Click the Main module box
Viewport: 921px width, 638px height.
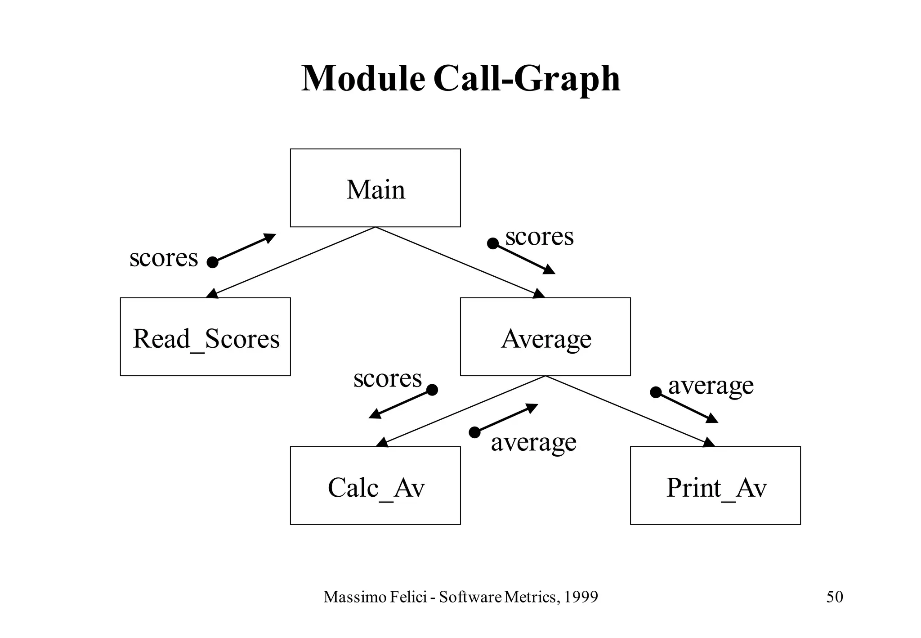[x=375, y=188]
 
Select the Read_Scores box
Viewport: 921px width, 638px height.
[x=205, y=337]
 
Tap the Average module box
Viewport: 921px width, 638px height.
[x=545, y=337]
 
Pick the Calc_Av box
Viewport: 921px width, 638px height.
[x=375, y=486]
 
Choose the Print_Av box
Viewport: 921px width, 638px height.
[x=715, y=486]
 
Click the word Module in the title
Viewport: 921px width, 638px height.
[x=363, y=79]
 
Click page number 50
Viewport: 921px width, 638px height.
[x=835, y=597]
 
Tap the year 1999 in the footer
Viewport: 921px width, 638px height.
[x=581, y=597]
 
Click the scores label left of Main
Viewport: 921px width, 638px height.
[x=164, y=258]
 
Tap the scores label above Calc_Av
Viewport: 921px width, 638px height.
[x=387, y=378]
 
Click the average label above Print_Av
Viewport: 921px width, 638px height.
[x=711, y=385]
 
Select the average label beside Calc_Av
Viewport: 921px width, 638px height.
[x=533, y=442]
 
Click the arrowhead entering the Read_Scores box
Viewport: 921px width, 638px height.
[x=211, y=294]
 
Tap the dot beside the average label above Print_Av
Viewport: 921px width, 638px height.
[x=656, y=392]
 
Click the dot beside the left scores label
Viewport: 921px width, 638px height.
[x=212, y=262]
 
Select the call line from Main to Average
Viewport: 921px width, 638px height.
[x=459, y=261]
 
